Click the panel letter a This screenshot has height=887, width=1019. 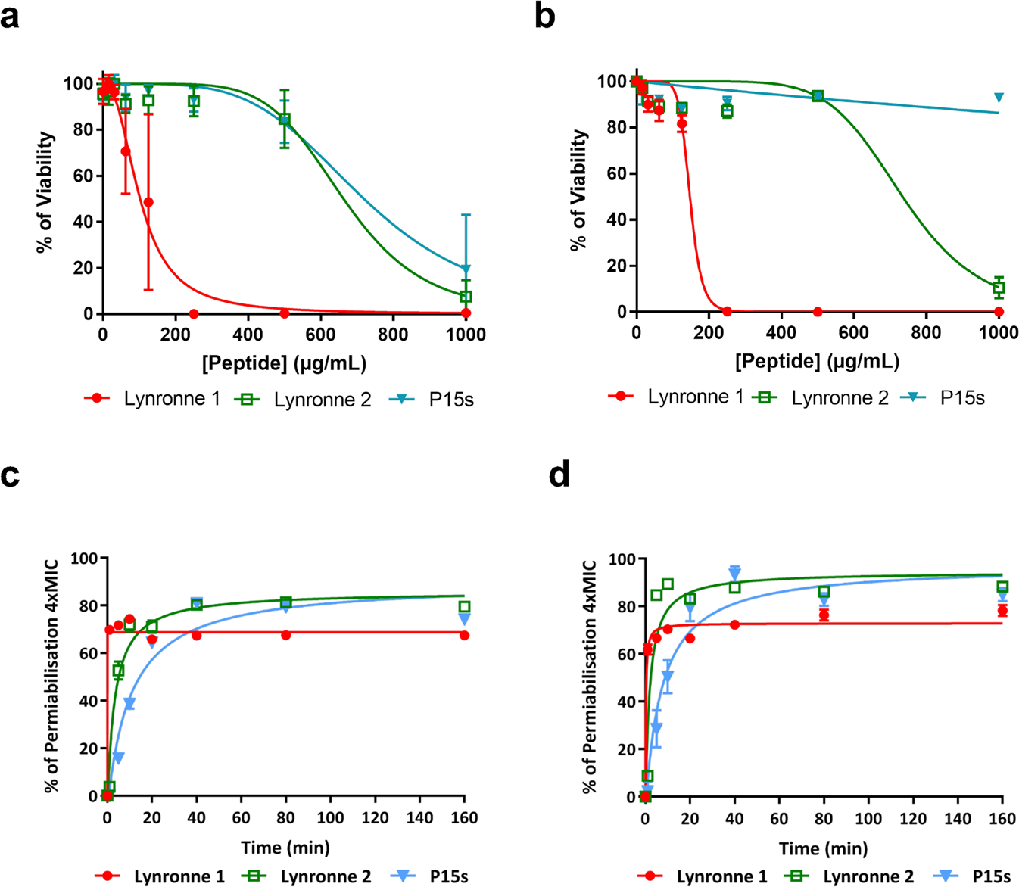click(x=10, y=17)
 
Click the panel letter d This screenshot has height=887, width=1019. click(x=559, y=476)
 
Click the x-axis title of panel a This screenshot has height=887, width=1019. click(x=284, y=363)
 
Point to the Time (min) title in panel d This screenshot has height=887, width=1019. click(x=823, y=848)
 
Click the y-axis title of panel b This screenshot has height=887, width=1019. click(x=579, y=190)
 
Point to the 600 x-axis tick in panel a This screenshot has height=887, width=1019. click(x=320, y=335)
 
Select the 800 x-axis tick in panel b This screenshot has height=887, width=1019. click(x=926, y=333)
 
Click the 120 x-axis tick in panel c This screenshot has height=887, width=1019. click(x=375, y=818)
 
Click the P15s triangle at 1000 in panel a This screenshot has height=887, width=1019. click(x=466, y=269)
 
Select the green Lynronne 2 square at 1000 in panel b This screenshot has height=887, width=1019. click(x=999, y=288)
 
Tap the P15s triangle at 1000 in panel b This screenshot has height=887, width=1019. click(x=999, y=98)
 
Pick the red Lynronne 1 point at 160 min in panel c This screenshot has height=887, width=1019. click(x=464, y=636)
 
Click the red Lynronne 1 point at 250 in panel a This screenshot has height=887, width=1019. click(x=194, y=313)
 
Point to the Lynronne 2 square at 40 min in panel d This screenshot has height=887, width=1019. click(x=734, y=587)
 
